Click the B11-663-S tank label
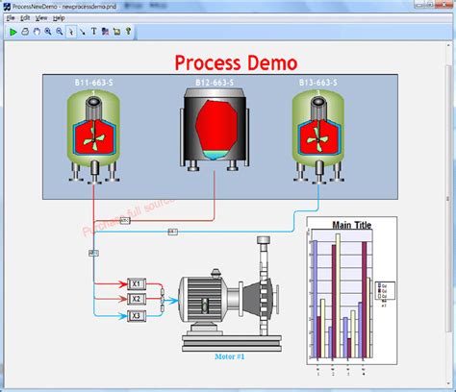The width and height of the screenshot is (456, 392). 93,84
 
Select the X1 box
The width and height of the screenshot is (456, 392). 137,284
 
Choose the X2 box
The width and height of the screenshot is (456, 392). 137,300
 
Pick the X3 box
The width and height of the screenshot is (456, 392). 137,315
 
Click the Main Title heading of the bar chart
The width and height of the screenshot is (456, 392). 352,226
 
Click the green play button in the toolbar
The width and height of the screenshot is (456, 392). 13,31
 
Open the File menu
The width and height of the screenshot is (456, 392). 11,18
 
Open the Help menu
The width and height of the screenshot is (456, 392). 59,18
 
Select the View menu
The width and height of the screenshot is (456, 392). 41,18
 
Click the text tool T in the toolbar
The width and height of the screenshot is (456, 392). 93,31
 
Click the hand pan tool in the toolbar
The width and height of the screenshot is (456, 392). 36,31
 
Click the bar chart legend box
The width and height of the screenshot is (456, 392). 383,289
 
